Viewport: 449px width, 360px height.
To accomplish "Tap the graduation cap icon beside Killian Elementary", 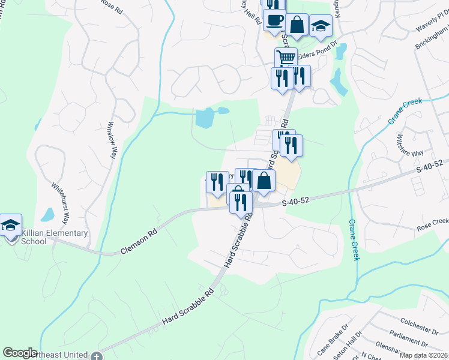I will [x=11, y=224].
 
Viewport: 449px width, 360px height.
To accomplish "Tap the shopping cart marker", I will [x=286, y=58].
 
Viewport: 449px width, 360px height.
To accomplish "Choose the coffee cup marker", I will [x=274, y=19].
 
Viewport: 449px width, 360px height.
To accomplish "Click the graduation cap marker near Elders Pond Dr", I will [x=321, y=26].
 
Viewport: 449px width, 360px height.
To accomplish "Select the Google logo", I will [x=20, y=353].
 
